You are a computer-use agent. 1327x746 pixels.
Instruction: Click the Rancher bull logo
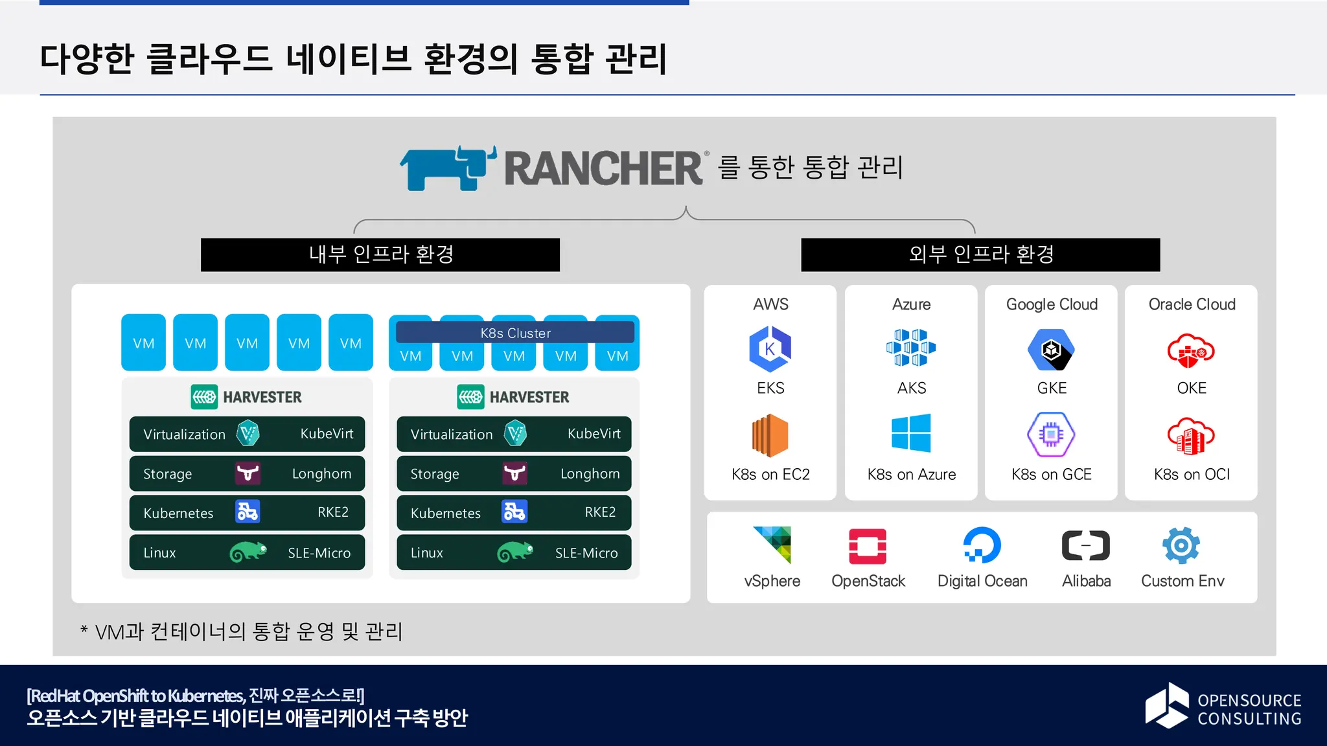[x=447, y=168]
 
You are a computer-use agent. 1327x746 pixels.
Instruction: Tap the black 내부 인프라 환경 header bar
[x=380, y=254]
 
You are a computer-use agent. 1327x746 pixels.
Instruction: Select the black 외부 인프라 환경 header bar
[x=980, y=254]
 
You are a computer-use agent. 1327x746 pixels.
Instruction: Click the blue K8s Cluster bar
[x=515, y=333]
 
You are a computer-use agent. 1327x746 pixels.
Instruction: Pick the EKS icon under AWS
[x=770, y=349]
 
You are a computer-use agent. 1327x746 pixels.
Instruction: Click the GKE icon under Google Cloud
[x=1051, y=350]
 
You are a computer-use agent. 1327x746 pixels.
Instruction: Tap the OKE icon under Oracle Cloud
[x=1190, y=350]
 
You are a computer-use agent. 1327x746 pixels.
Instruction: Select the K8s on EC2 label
[x=770, y=475]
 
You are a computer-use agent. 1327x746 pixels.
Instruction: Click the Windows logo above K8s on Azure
[x=911, y=433]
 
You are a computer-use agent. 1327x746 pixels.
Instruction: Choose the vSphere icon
[x=772, y=545]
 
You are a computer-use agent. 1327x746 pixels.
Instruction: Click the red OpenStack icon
[x=868, y=546]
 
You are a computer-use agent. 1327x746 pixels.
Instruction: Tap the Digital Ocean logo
[x=982, y=545]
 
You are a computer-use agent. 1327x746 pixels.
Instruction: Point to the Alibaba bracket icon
[x=1085, y=545]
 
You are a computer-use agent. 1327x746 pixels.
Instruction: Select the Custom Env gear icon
[x=1181, y=545]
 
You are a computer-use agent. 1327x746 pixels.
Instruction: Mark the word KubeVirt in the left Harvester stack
[x=327, y=434]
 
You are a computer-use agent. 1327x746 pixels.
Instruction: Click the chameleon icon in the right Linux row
[x=515, y=552]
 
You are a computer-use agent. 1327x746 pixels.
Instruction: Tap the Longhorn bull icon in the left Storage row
[x=248, y=473]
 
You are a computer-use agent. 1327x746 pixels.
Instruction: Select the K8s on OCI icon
[x=1190, y=436]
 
